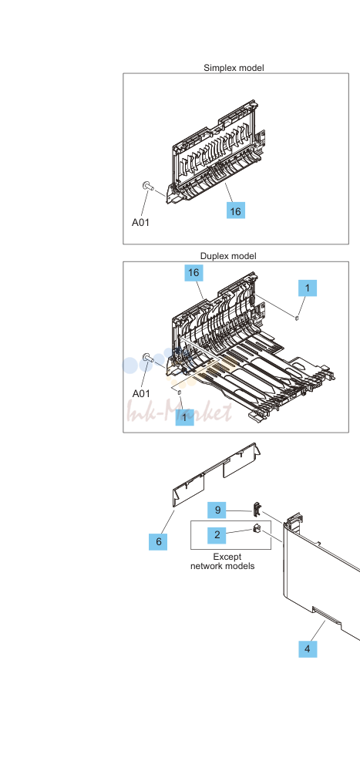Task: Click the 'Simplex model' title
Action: tap(234, 68)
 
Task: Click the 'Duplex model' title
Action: tap(228, 256)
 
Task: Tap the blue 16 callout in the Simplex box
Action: tap(236, 211)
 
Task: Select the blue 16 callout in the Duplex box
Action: tap(193, 273)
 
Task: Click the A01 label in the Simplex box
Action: tap(140, 222)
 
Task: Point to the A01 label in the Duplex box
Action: tap(142, 393)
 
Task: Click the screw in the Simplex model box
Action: tap(147, 186)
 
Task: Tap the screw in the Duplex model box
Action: tap(147, 358)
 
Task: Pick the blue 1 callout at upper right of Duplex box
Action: tap(308, 288)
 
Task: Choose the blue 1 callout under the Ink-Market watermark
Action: tap(185, 417)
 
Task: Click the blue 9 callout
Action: tap(217, 510)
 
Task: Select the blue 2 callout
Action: tap(217, 535)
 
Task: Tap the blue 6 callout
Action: tap(158, 542)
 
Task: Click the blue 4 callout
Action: tap(308, 649)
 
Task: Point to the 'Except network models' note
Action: tap(222, 561)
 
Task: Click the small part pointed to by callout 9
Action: tap(256, 510)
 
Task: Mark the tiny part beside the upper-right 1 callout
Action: tap(297, 318)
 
